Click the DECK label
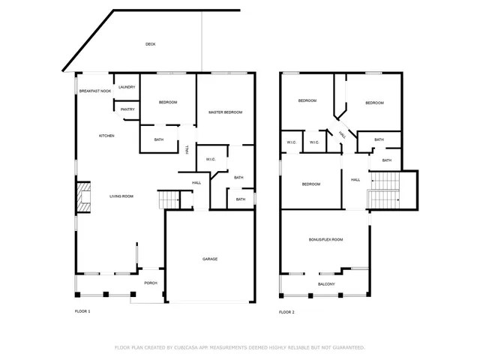pos(151,45)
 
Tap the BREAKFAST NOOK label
pos(95,91)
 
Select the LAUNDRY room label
pos(127,87)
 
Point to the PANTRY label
pos(127,109)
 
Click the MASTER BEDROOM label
pos(226,112)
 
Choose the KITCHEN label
pos(106,136)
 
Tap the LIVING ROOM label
pos(121,196)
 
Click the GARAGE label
pos(210,259)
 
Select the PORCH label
pos(151,283)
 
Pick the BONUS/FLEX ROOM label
pos(325,239)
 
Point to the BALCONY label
pos(326,284)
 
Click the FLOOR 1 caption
pos(82,311)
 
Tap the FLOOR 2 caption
pos(286,311)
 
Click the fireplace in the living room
pos(83,196)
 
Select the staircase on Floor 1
pos(168,200)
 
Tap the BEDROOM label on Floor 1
pos(168,102)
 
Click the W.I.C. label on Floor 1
pos(211,159)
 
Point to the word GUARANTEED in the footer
pos(348,347)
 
